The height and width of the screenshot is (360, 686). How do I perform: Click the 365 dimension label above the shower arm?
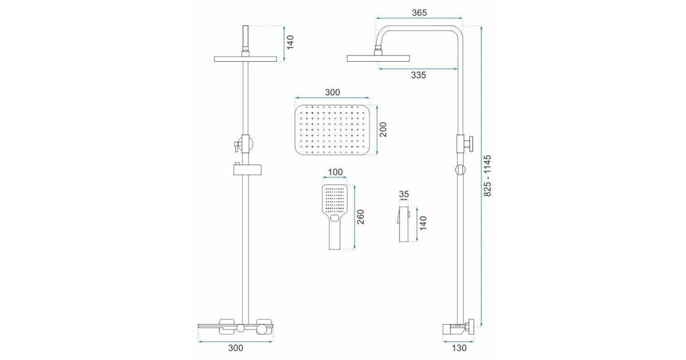coord(419,13)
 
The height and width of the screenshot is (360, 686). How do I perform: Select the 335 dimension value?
coord(418,75)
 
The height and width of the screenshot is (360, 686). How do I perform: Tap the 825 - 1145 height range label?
coord(487,176)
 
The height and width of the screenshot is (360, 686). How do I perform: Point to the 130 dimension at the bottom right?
coord(459,348)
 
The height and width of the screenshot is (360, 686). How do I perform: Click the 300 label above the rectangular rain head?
coord(332,92)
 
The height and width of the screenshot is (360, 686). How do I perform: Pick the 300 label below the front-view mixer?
coord(236,348)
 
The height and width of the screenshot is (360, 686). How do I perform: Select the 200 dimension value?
coord(383,130)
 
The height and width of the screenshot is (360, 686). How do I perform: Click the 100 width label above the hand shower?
coord(335,172)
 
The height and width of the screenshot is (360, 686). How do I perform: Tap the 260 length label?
coord(361,217)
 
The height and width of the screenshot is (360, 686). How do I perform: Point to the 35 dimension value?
coord(404,194)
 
